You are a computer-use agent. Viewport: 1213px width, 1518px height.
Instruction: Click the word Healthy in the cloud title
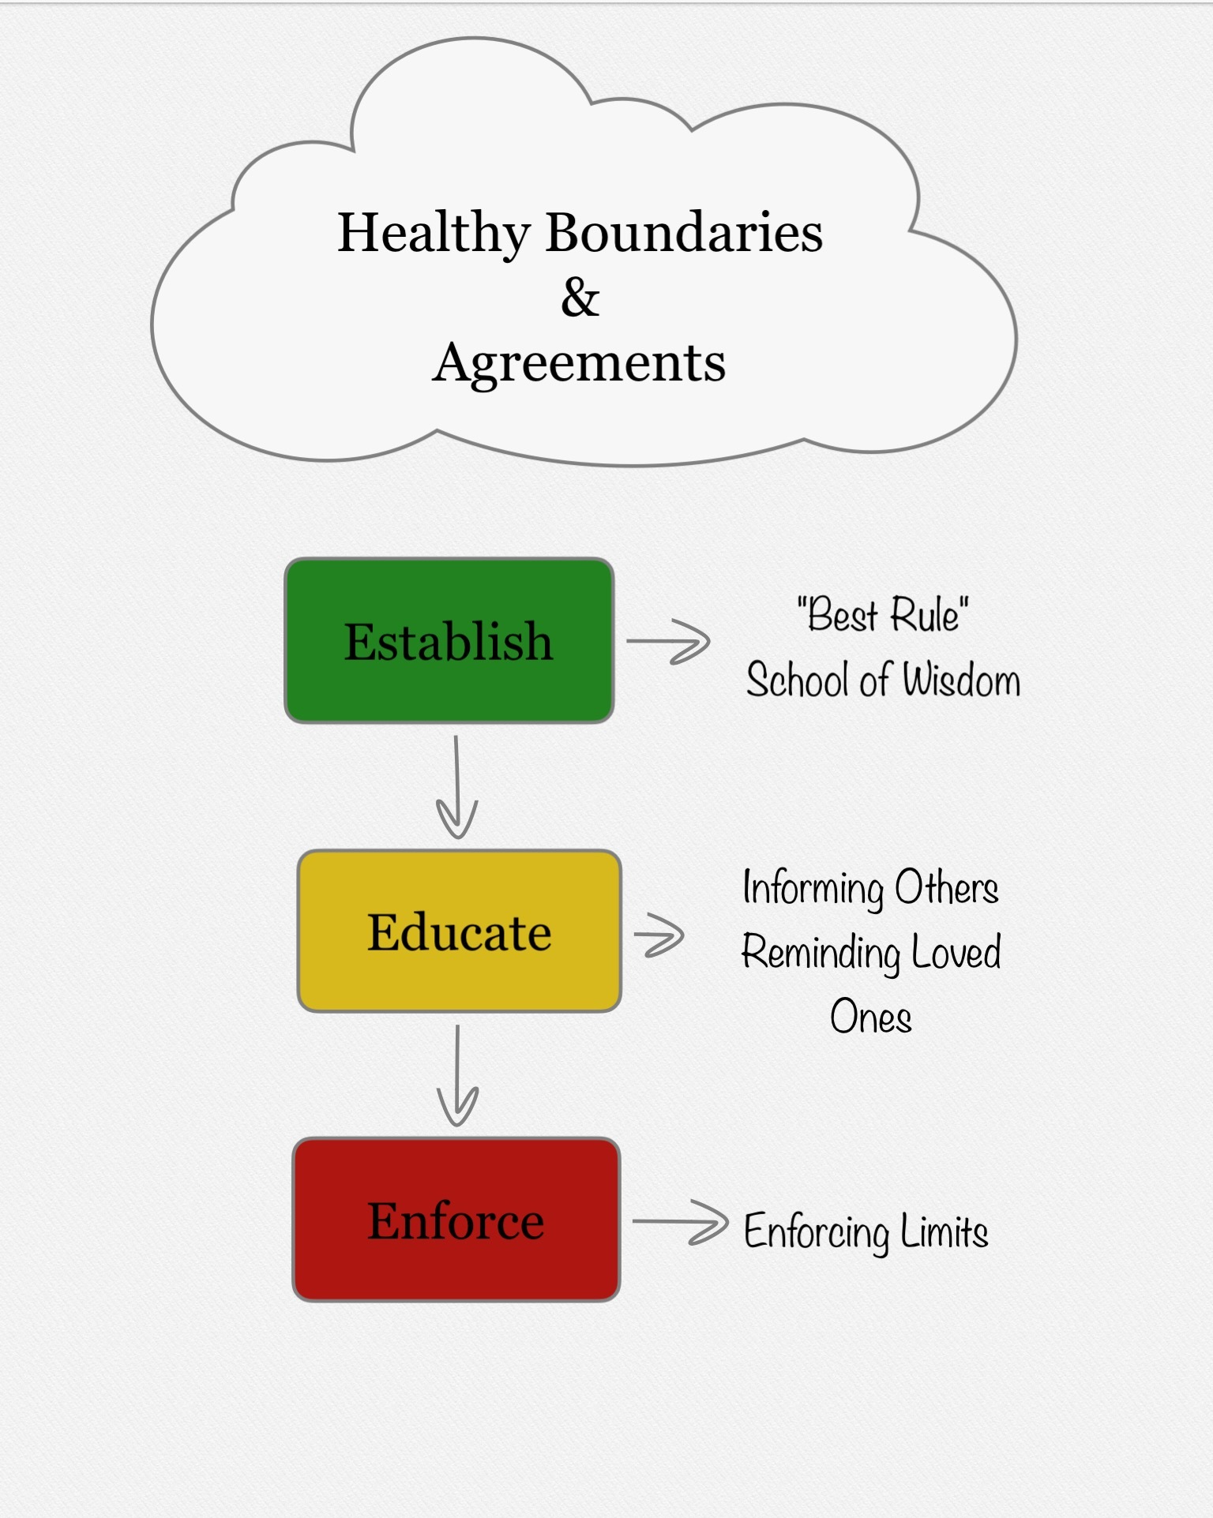pyautogui.click(x=434, y=234)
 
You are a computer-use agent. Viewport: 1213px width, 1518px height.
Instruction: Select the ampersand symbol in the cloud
pyautogui.click(x=580, y=298)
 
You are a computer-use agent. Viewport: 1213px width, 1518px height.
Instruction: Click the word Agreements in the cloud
pyautogui.click(x=579, y=364)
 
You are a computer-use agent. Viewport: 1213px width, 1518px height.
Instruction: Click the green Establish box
pyautogui.click(x=449, y=640)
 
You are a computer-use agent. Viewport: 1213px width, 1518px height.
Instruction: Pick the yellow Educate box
pyautogui.click(x=459, y=931)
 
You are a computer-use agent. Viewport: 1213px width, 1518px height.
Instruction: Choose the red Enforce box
pyautogui.click(x=456, y=1220)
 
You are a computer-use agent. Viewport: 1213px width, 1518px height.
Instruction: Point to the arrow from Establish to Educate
pyautogui.click(x=456, y=787)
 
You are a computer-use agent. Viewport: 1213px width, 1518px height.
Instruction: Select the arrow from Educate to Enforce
pyautogui.click(x=457, y=1075)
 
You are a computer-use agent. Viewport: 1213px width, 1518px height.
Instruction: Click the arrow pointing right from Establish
pyautogui.click(x=668, y=642)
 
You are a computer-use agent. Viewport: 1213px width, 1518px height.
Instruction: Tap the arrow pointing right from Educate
pyautogui.click(x=659, y=935)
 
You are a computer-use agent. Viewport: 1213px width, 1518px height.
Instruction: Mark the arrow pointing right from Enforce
pyautogui.click(x=680, y=1222)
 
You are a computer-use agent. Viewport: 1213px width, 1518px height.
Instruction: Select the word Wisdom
pyautogui.click(x=961, y=680)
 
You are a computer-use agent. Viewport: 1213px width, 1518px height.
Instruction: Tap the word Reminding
pyautogui.click(x=821, y=954)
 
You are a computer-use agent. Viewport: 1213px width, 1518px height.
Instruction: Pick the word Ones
pyautogui.click(x=871, y=1017)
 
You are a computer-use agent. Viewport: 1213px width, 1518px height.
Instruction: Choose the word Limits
pyautogui.click(x=944, y=1231)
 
